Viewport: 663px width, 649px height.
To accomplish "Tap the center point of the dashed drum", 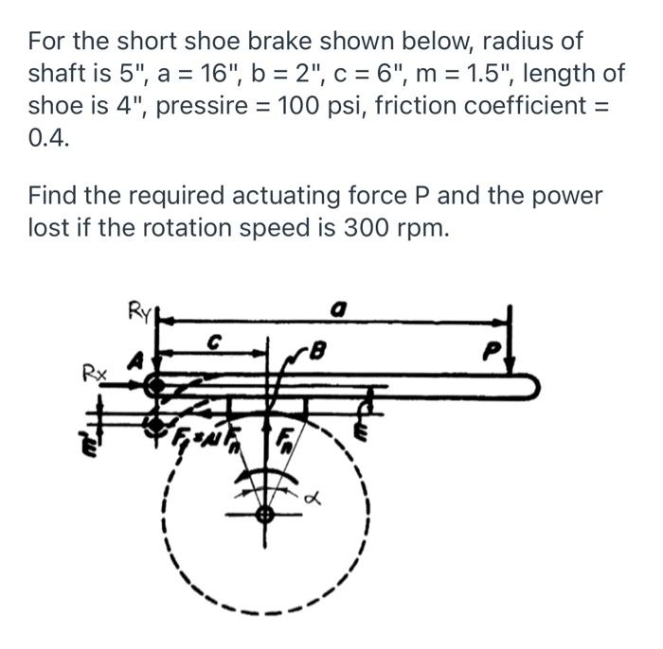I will [265, 513].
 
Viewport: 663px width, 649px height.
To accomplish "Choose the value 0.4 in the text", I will [47, 136].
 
